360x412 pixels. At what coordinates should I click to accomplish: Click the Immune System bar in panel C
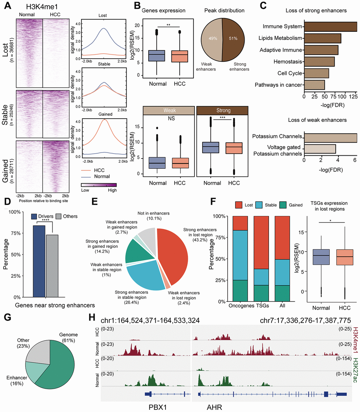pos(330,26)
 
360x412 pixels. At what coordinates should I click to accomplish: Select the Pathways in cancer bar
pos(314,85)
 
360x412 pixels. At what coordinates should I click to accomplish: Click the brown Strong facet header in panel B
pos(222,111)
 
